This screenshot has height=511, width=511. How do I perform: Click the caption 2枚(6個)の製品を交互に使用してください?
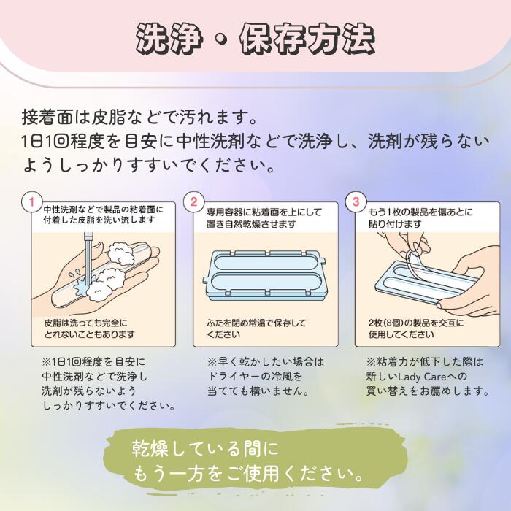coord(416,328)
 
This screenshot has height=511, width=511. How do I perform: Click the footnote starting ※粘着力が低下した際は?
coord(427,376)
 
